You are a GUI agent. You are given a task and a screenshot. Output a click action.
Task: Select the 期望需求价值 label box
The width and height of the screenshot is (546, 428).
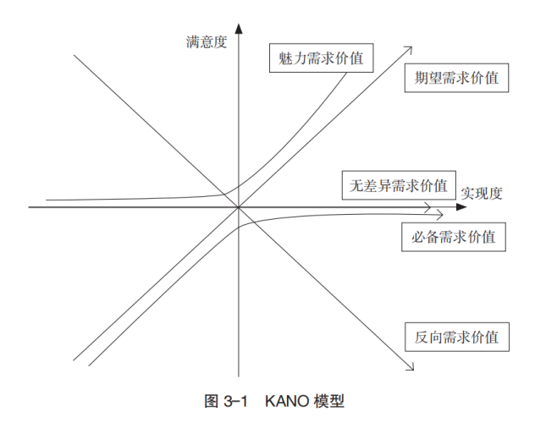(456, 79)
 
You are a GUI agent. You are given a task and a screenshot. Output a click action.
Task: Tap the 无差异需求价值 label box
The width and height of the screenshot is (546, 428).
(396, 185)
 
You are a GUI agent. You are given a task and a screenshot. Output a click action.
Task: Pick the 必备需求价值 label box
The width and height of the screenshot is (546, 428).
(453, 236)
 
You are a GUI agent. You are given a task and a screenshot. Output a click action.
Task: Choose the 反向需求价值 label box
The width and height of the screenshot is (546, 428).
(456, 337)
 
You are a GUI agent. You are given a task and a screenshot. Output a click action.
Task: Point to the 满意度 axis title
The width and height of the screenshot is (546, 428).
(207, 41)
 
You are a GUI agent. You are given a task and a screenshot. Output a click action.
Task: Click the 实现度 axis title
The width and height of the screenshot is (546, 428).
(482, 192)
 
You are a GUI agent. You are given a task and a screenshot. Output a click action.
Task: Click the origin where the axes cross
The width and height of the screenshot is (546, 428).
(240, 206)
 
